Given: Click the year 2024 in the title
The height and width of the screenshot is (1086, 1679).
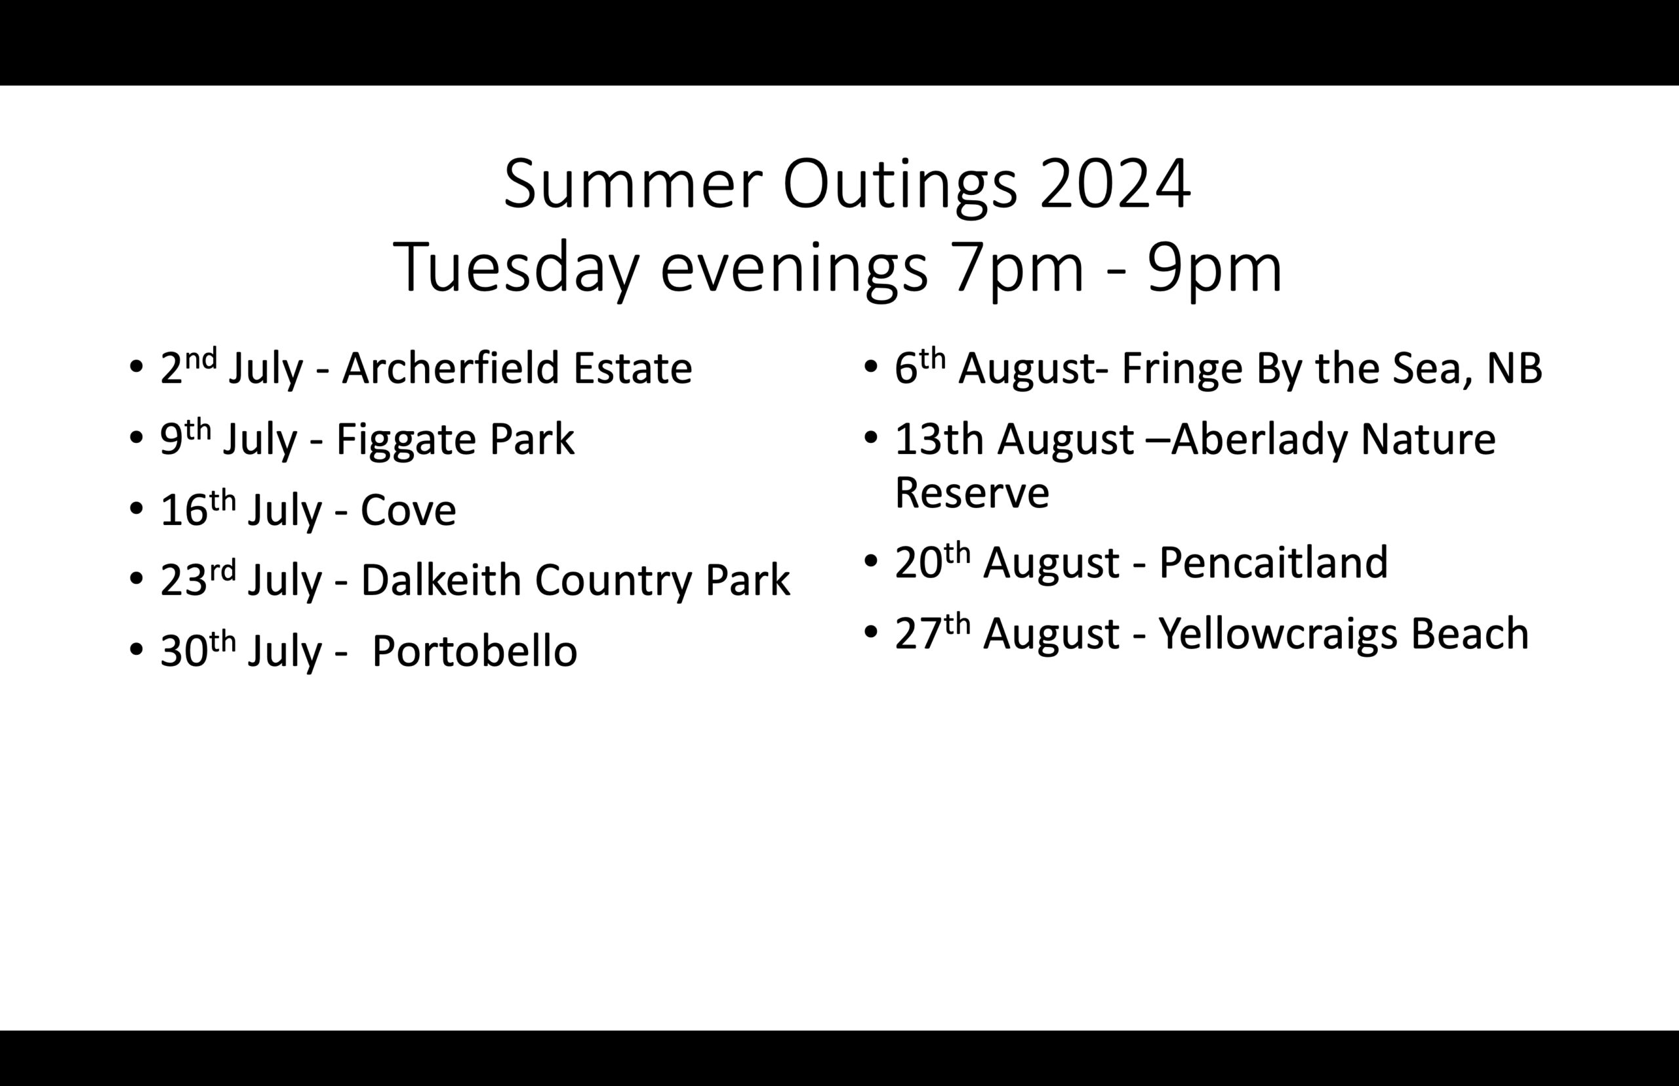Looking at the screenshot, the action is click(1115, 184).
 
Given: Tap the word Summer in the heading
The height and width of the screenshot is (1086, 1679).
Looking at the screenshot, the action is click(633, 184).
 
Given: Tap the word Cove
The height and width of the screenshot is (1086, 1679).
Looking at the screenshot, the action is click(408, 510).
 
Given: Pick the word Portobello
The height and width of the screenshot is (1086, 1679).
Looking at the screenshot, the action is click(474, 651).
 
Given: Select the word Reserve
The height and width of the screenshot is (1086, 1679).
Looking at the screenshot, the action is click(972, 492).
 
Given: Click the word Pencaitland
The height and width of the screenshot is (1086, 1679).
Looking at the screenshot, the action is click(1273, 562).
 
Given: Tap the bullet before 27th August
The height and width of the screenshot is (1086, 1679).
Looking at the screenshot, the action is click(870, 632).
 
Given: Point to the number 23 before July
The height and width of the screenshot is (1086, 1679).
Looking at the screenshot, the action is click(183, 580).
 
